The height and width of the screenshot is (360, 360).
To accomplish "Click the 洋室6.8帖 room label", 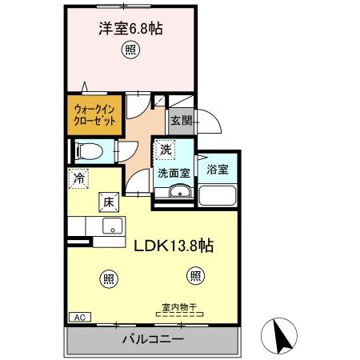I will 130,29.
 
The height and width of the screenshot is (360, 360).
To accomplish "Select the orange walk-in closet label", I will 94,115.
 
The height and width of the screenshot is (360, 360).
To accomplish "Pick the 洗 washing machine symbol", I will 165,150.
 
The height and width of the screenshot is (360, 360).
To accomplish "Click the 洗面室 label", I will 173,171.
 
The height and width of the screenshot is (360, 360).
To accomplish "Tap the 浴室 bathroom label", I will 217,170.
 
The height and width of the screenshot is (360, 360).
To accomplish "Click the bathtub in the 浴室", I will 217,195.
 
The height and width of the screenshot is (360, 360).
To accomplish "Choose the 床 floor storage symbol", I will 108,202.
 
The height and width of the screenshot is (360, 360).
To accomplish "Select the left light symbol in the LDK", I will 108,278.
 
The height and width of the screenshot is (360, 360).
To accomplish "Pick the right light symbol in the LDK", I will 194,276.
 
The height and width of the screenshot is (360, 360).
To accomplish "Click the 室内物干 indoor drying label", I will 179,305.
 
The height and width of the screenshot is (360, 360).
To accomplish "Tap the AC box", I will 80,318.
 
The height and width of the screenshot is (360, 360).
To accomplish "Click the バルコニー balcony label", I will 153,340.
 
